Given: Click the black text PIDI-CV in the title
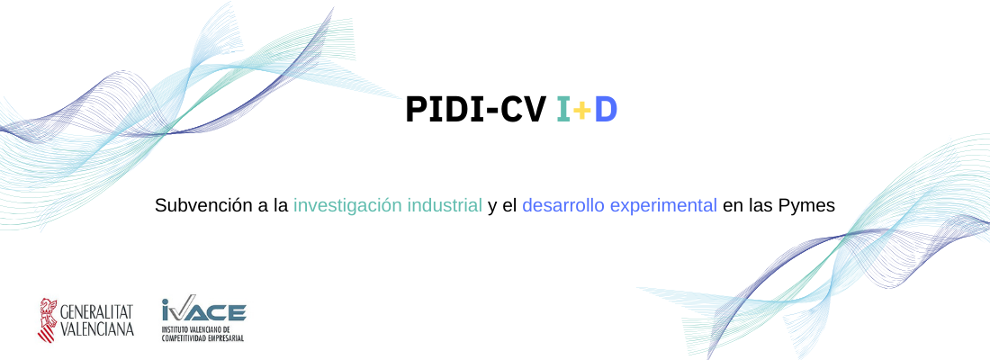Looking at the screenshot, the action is [x=475, y=110].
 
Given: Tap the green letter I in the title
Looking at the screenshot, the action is [x=563, y=110].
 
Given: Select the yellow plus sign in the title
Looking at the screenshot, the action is [x=582, y=112].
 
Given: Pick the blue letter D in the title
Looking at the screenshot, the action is [x=606, y=110].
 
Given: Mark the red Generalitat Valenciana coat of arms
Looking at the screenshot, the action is [x=48, y=320].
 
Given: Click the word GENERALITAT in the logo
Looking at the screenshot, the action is [x=96, y=311].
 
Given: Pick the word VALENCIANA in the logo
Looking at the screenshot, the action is [x=96, y=329].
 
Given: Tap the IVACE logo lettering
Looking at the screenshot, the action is [x=204, y=310].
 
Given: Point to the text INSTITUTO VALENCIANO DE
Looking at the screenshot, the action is [x=195, y=329].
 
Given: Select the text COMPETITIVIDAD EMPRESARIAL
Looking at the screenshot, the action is [x=202, y=338].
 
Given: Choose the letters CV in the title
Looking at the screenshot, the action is [x=524, y=110].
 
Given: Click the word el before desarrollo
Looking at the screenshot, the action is [x=509, y=205].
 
